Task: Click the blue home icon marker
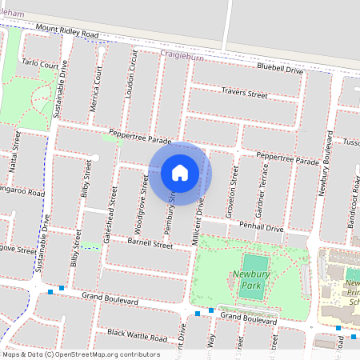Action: [x=180, y=173]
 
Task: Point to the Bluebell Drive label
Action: [x=280, y=71]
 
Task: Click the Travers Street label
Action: [x=244, y=94]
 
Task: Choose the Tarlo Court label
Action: [x=41, y=64]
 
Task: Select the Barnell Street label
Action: [x=150, y=245]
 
